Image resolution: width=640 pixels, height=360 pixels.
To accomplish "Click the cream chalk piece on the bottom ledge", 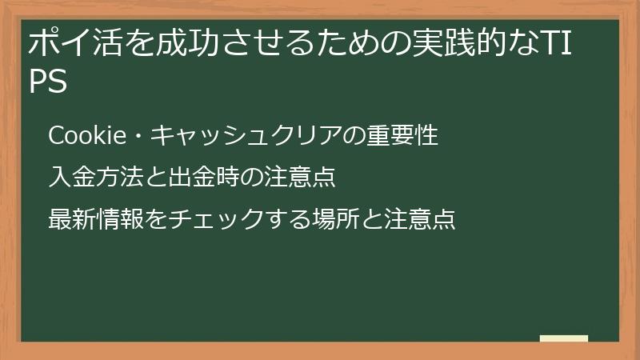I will point(563,338).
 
